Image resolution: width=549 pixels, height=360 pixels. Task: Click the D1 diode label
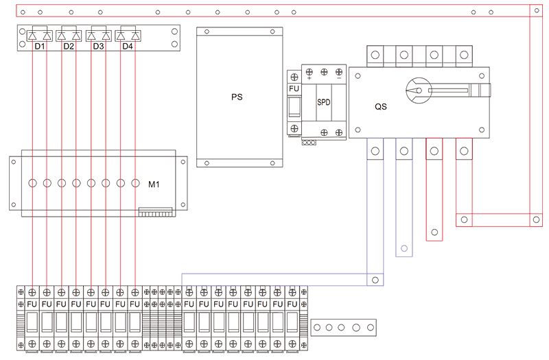tap(40, 46)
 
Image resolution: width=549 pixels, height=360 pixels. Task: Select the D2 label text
tap(69, 46)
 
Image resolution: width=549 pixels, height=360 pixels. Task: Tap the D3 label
tap(98, 46)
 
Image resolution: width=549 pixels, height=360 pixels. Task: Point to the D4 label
tap(128, 46)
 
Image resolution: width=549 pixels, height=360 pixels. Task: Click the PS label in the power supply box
tap(237, 97)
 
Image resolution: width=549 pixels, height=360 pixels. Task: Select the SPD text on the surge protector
tap(323, 102)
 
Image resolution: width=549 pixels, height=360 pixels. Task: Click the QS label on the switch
tap(381, 107)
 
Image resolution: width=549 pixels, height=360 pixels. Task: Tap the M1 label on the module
tap(154, 184)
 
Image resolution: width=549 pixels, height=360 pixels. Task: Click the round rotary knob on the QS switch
tap(419, 91)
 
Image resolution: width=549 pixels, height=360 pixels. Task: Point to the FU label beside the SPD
tap(294, 88)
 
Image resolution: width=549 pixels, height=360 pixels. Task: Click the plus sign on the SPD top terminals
tap(309, 78)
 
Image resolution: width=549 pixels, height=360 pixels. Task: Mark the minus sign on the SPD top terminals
tap(339, 78)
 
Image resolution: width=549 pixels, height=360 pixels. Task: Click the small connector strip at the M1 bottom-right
tap(156, 212)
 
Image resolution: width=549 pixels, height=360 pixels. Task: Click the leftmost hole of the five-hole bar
tap(317, 328)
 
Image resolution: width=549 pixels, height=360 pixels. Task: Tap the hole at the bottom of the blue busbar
tap(404, 248)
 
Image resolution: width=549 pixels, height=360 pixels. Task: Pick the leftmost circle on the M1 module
tap(32, 183)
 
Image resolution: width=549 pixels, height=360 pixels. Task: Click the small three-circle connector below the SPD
tap(309, 143)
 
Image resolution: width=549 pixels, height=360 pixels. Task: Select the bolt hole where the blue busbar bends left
tap(375, 280)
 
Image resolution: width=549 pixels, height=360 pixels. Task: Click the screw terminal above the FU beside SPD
tap(294, 77)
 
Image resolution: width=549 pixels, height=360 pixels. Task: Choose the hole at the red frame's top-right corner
tap(537, 10)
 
